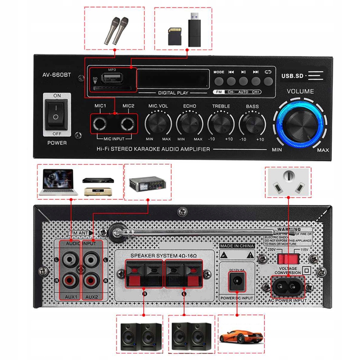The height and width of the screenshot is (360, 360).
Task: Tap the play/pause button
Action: pos(243,81)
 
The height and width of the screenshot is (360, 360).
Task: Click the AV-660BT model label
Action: pos(57,75)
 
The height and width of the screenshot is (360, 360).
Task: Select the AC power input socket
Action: pos(287,287)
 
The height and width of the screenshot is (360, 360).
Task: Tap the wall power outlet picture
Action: pos(288,182)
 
